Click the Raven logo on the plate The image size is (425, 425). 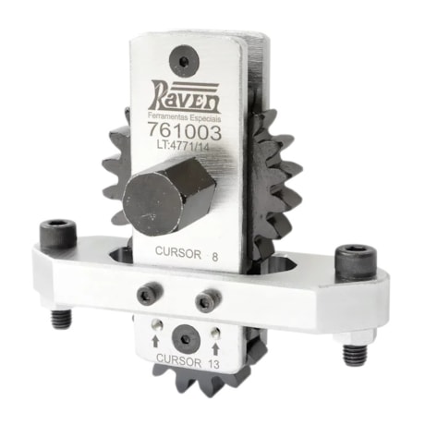point(189,95)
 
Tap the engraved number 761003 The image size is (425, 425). point(190,132)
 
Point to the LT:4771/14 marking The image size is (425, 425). point(189,147)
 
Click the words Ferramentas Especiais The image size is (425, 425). point(189,116)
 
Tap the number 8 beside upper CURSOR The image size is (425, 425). point(215,253)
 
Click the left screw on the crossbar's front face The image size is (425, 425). point(147,295)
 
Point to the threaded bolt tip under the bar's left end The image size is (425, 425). point(59,320)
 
